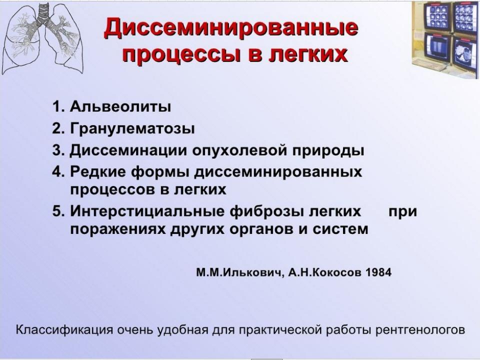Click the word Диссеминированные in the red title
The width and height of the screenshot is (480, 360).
point(231,27)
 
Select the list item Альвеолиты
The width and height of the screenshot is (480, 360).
point(120,106)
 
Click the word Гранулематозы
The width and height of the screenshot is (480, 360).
point(132,128)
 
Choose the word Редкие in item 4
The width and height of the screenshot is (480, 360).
point(96,171)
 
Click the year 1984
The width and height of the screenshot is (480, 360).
point(378,272)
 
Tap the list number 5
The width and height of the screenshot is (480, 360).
point(56,211)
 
